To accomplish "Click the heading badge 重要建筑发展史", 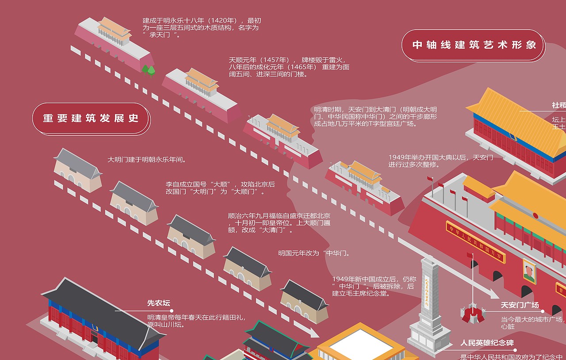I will pyautogui.click(x=91, y=119).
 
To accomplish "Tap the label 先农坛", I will pyautogui.click(x=158, y=303).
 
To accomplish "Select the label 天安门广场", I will pyautogui.click(x=520, y=305).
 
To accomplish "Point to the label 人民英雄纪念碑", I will pyautogui.click(x=487, y=343).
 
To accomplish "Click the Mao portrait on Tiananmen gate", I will pyautogui.click(x=529, y=272).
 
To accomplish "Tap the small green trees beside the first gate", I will pyautogui.click(x=148, y=70).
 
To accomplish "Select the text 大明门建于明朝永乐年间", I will pyautogui.click(x=147, y=160).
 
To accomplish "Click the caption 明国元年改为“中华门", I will pyautogui.click(x=314, y=253).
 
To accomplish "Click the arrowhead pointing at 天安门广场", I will pyautogui.click(x=492, y=294).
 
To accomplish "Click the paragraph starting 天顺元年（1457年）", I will pyautogui.click(x=289, y=67).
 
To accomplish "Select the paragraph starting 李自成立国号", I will pyautogui.click(x=220, y=188).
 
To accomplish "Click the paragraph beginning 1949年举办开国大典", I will pyautogui.click(x=440, y=161).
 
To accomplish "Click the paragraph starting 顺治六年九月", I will pyautogui.click(x=279, y=223).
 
